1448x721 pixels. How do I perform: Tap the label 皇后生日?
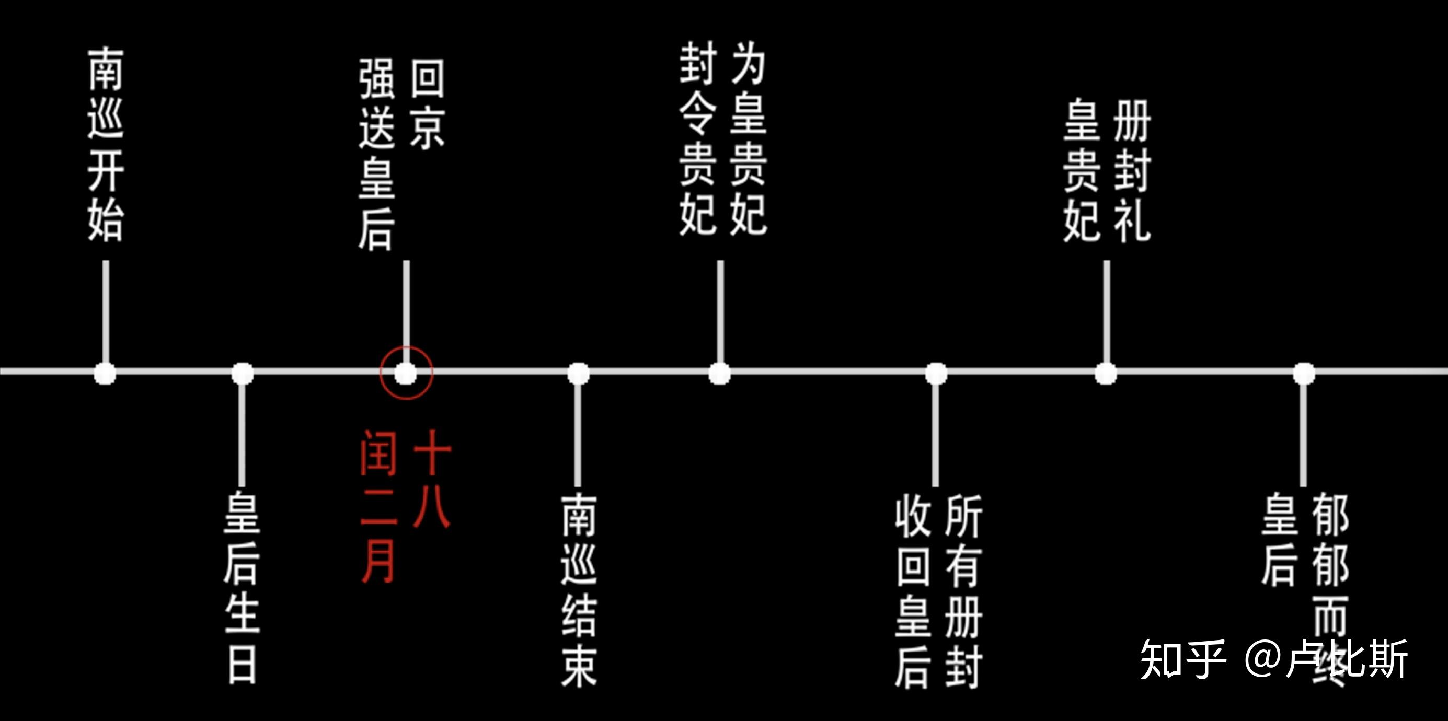tap(242, 587)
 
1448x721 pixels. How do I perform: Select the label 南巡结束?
tap(578, 590)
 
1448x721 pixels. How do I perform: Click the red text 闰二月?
tap(378, 506)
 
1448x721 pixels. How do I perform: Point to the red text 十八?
tap(432, 479)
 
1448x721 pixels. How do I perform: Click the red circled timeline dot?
tap(406, 373)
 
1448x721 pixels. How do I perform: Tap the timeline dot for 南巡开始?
tap(105, 373)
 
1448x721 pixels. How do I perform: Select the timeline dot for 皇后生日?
tap(242, 373)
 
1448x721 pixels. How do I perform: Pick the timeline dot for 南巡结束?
tap(578, 373)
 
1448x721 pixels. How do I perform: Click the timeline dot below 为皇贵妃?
tap(719, 373)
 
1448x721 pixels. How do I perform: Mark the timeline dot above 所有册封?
tap(936, 373)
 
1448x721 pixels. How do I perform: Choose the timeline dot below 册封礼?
tap(1106, 373)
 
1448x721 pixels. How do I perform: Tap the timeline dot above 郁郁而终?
tap(1304, 373)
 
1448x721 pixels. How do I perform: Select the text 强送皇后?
tap(376, 155)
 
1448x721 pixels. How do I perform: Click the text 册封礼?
tap(1132, 171)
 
